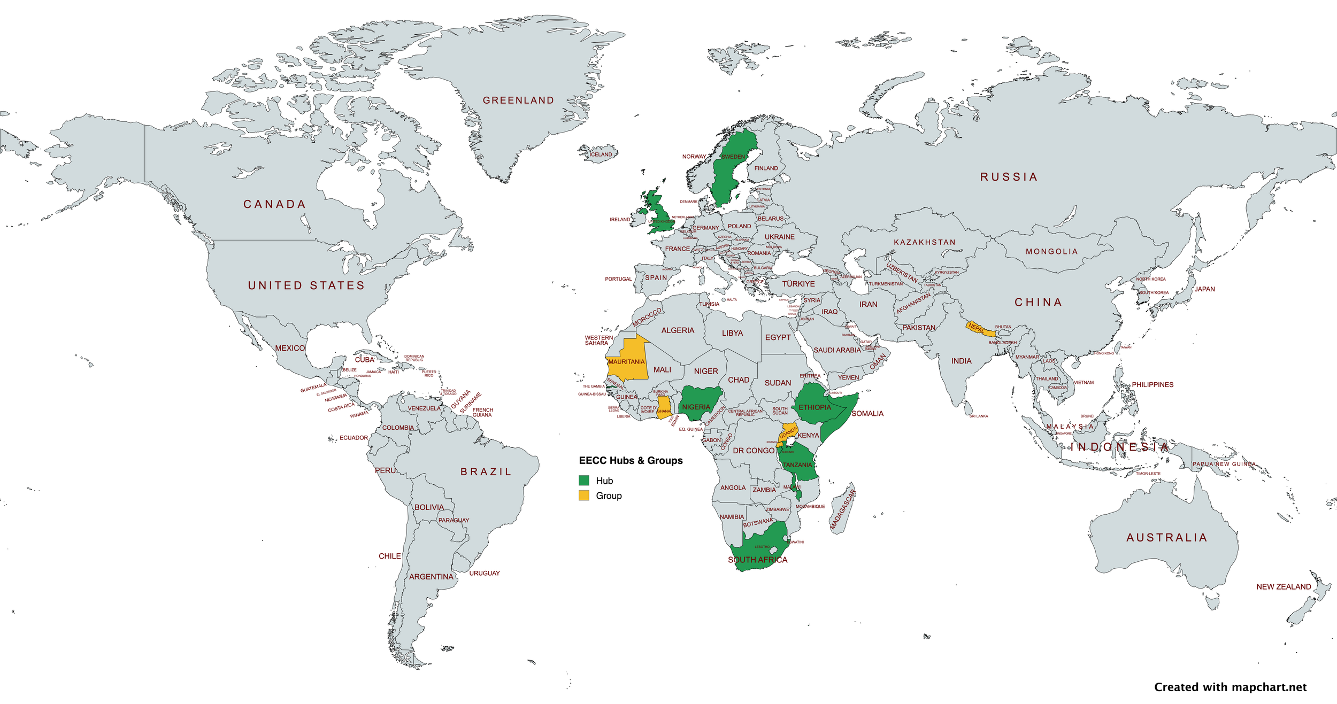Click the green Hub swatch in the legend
(584, 481)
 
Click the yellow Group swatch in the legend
(584, 496)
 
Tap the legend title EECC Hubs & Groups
(631, 461)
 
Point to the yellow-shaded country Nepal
(979, 328)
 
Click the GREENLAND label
(518, 100)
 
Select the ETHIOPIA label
(815, 407)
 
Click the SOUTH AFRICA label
(757, 560)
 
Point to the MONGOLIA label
(1051, 252)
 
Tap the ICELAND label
(601, 154)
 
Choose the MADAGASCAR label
(842, 510)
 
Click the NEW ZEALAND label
(1284, 587)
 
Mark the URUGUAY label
(485, 573)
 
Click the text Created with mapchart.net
(1230, 687)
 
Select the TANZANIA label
(797, 465)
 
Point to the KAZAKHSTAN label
(924, 243)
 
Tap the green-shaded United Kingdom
(661, 214)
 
